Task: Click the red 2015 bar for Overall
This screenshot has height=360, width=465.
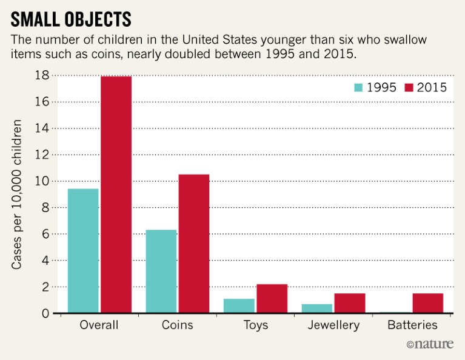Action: tap(116, 195)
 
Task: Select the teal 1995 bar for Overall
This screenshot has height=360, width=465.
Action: tap(83, 251)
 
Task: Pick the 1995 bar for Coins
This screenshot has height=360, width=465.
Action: tap(161, 272)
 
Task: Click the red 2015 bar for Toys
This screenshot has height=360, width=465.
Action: tap(272, 299)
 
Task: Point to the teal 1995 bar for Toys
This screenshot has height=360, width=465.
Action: tap(239, 306)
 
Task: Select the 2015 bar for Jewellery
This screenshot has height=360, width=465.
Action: tap(349, 303)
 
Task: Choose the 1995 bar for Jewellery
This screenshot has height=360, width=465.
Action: tap(316, 308)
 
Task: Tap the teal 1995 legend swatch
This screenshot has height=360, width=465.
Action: tap(360, 87)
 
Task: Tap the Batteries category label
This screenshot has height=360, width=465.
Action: tap(411, 325)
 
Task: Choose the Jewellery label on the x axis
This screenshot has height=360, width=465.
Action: tap(333, 325)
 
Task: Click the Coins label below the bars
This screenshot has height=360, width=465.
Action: tap(177, 325)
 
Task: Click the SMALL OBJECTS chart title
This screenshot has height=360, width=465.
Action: tap(72, 19)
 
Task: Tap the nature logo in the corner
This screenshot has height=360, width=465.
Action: tap(431, 345)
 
